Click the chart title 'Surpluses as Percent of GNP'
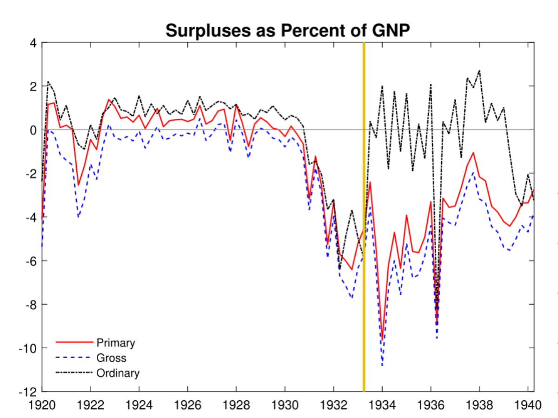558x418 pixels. pos(288,31)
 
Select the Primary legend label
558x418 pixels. pos(116,343)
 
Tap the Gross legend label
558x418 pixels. pos(111,358)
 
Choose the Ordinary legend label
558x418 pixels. pos(118,373)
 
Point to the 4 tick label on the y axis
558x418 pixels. pos(33,43)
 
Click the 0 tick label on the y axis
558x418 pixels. pos(33,130)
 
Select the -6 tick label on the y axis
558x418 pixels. pos(30,261)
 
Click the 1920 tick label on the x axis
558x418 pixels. pos(42,405)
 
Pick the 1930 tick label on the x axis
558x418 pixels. pos(285,405)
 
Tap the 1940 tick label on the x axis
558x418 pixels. pos(528,405)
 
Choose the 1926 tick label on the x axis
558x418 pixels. pos(187,405)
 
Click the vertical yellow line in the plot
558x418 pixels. pos(364,232)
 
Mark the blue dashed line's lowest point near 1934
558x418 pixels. pos(382,366)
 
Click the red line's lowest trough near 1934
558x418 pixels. pos(382,340)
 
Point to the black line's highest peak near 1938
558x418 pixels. pos(479,71)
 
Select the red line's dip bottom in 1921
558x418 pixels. pos(78,185)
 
